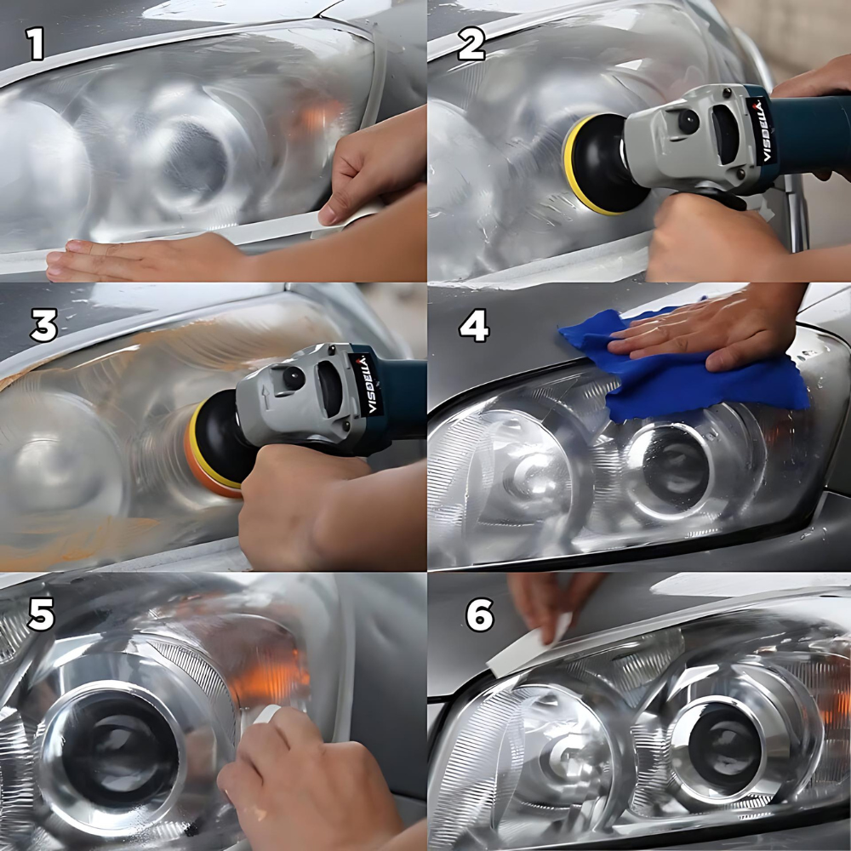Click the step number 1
point(35,43)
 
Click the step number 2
point(471,43)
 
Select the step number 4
point(474,326)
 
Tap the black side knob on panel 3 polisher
point(293,379)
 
